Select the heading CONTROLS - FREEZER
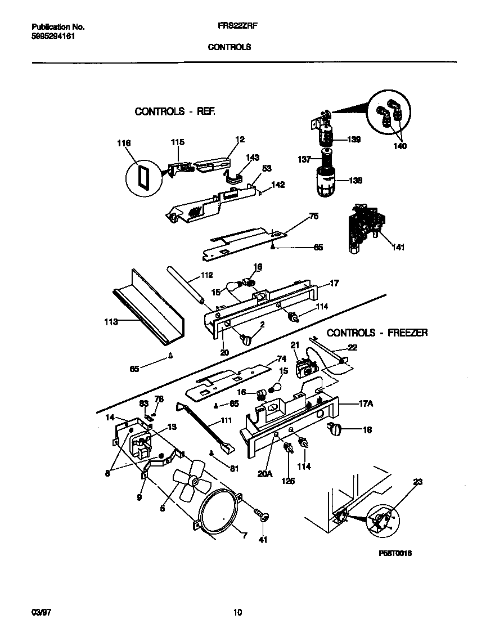(x=377, y=333)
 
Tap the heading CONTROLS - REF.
(x=175, y=111)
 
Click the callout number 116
(x=124, y=143)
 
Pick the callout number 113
(x=111, y=322)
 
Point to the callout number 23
(x=417, y=482)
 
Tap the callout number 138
(x=355, y=181)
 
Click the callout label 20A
(x=265, y=474)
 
